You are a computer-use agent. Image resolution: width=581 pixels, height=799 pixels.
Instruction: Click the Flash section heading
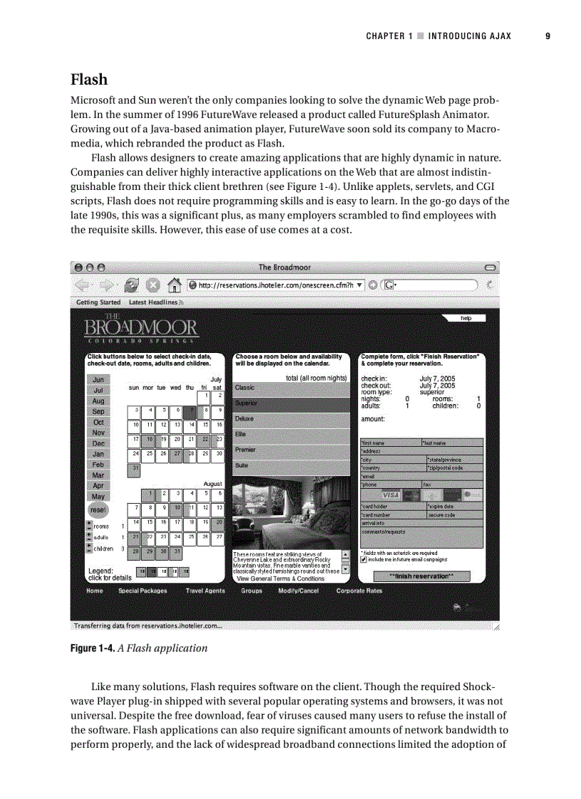[x=88, y=78]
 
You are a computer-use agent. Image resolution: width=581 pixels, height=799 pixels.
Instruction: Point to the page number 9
[x=548, y=36]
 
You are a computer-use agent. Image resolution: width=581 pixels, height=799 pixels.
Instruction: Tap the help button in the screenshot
[x=466, y=319]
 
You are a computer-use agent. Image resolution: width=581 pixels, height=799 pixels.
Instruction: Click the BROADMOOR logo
[x=141, y=329]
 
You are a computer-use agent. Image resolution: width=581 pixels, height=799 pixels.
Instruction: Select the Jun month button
[x=98, y=380]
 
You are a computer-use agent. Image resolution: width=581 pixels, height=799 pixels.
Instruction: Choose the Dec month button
[x=98, y=443]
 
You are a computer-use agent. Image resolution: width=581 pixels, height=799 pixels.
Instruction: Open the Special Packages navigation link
[x=142, y=591]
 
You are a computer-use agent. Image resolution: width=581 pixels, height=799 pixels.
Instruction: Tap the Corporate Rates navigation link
[x=359, y=591]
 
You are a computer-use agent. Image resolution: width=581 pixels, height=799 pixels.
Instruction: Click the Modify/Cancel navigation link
[x=298, y=591]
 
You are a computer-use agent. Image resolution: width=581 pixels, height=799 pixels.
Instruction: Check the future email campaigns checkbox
[x=364, y=559]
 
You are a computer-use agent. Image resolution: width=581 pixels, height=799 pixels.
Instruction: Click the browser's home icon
[x=173, y=285]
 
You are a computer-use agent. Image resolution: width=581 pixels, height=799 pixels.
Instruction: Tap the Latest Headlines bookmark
[x=152, y=302]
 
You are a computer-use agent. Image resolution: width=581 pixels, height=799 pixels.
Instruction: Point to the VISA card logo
[x=391, y=495]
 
